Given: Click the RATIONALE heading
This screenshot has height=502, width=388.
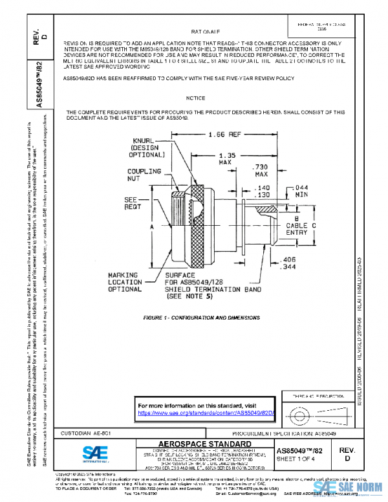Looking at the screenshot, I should point(207,30).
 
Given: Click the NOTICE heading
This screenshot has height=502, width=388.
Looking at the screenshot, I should point(195,98).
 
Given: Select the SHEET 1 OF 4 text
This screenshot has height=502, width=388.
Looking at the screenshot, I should point(296,459).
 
